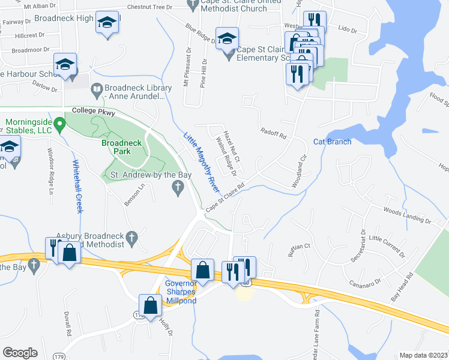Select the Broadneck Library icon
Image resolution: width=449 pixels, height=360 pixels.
point(97,90)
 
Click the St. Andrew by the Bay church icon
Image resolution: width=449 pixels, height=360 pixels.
point(177,188)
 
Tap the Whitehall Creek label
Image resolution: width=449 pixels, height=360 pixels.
point(77,187)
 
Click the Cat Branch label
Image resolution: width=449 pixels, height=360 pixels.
point(332,142)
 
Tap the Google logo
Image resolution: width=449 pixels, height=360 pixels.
point(20,353)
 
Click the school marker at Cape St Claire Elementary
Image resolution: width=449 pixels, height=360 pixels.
point(227,39)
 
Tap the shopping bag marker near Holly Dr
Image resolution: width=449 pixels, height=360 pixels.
point(150,305)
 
